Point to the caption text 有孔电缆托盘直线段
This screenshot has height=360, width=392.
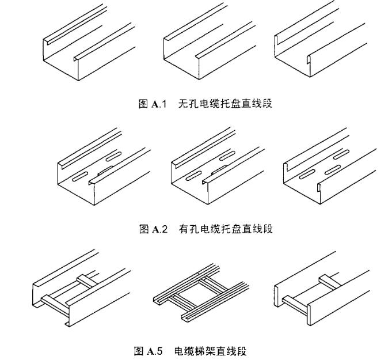tap(224, 229)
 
